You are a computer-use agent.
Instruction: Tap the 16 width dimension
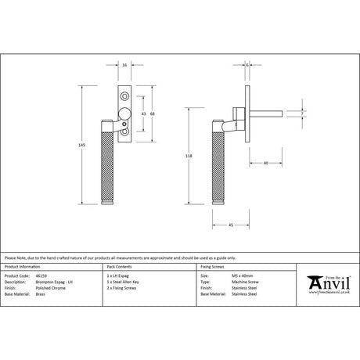(x=126, y=66)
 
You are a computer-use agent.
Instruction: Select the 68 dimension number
(x=153, y=115)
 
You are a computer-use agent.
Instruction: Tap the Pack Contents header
(x=118, y=266)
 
